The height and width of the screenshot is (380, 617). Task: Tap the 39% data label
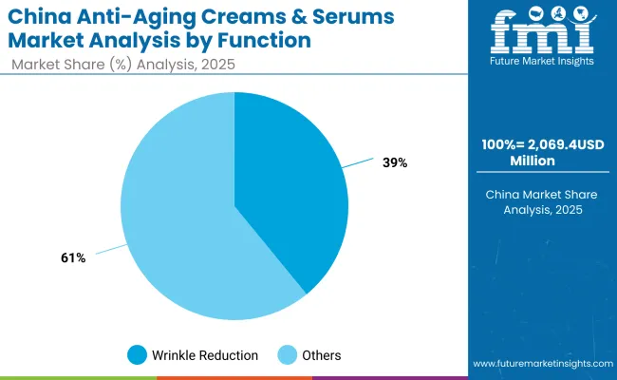point(394,162)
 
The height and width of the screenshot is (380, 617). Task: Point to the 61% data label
point(72,256)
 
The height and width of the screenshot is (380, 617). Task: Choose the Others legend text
point(322,355)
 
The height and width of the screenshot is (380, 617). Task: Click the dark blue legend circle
point(138,355)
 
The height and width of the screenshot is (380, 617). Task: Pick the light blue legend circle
point(286,355)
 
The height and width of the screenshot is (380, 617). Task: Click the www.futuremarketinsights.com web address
point(540,364)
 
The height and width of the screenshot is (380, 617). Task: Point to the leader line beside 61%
point(111,249)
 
